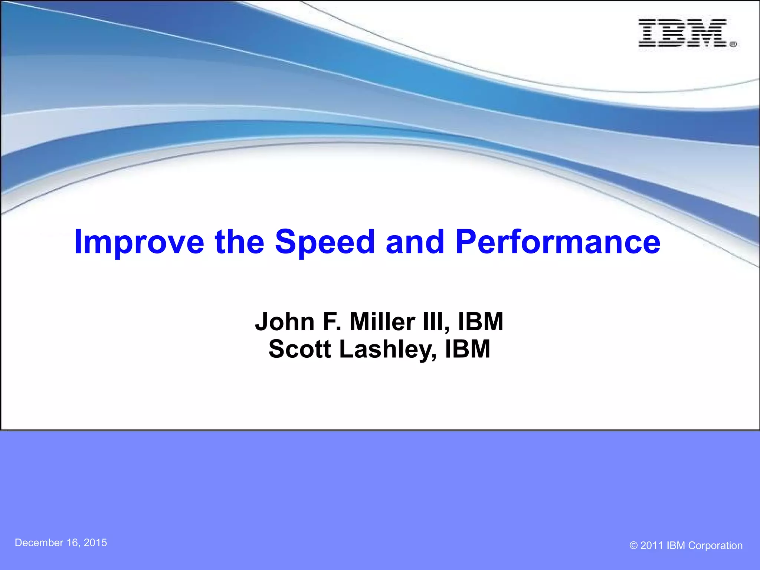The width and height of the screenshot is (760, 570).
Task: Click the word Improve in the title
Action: click(x=139, y=242)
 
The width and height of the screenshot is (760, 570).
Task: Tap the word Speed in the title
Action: click(x=325, y=242)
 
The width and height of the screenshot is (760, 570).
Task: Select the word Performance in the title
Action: click(x=558, y=242)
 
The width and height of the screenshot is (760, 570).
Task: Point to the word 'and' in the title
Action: click(x=415, y=242)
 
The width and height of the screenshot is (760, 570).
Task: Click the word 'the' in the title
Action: click(x=239, y=242)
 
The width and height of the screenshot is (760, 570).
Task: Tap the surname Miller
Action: click(x=382, y=321)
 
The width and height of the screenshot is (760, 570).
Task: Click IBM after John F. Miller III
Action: click(x=481, y=321)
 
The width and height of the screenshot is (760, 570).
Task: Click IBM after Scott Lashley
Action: click(x=468, y=349)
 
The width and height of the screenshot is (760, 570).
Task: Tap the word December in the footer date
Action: click(x=39, y=543)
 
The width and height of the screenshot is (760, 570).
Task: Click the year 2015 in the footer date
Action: click(x=95, y=543)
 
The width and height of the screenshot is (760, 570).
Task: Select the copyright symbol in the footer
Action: click(x=633, y=546)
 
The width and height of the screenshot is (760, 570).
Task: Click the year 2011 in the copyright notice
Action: click(x=652, y=546)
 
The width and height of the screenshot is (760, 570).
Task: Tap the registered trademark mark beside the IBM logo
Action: click(x=733, y=45)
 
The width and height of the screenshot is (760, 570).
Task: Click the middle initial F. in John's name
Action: click(x=332, y=321)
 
